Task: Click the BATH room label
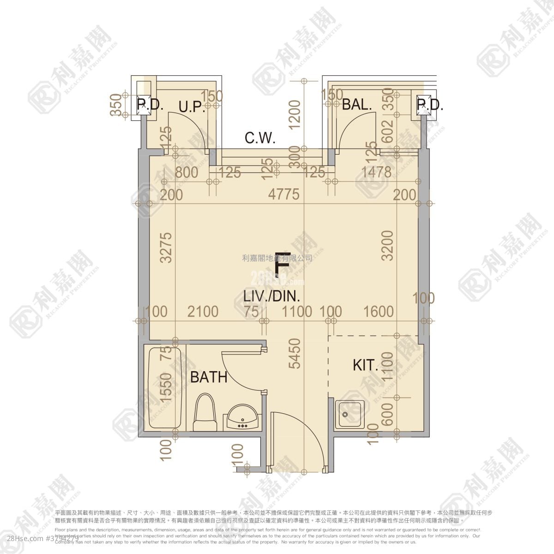click(209, 377)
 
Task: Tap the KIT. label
click(365, 366)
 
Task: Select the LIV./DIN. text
click(271, 296)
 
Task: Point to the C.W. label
click(259, 138)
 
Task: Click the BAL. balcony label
click(357, 104)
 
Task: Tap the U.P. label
click(192, 108)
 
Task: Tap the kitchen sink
click(349, 414)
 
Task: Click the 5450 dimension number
click(294, 353)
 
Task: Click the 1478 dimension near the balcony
click(376, 172)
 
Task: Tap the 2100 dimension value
click(203, 312)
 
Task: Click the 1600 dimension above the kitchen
click(378, 312)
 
